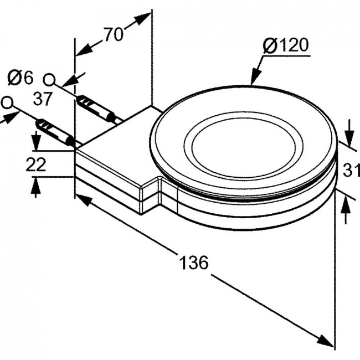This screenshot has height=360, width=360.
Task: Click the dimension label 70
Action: pos(114,34)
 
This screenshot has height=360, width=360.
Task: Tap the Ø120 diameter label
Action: pos(285,45)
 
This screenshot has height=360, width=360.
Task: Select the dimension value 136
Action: pos(193,263)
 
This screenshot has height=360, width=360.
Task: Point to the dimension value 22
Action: pos(36,164)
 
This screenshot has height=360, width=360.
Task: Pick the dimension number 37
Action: pos(43,99)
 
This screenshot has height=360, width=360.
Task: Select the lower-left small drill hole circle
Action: pos(7,102)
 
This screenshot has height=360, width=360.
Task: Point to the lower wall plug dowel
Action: pos(55,132)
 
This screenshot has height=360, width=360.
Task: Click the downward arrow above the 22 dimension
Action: pos(35,141)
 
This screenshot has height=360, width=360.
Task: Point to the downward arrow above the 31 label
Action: pos(349,133)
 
